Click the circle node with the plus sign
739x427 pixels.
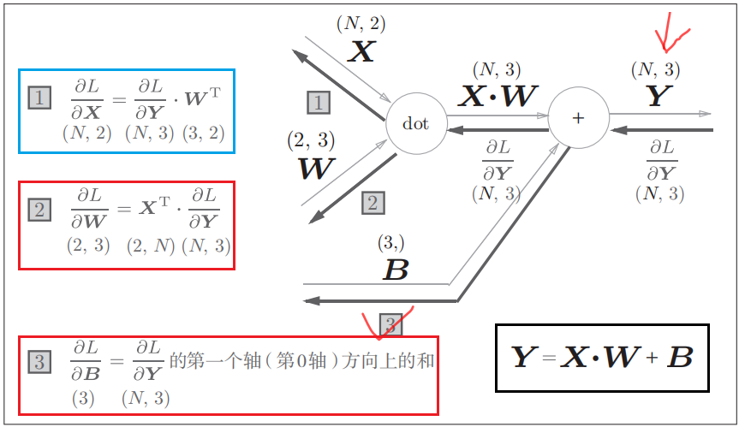pos(578,118)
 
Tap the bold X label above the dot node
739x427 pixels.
pos(361,53)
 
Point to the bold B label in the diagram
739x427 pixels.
pos(395,271)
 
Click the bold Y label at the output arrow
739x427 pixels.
pos(656,97)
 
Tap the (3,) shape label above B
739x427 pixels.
pos(391,243)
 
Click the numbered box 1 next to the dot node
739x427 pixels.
pos(319,104)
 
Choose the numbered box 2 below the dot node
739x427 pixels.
pos(372,203)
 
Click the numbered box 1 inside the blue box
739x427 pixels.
pos(39,98)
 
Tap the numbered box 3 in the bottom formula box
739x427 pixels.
pos(39,362)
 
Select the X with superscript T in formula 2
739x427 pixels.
pos(151,206)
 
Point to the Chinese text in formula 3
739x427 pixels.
pos(302,360)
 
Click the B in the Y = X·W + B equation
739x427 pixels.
pos(680,358)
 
